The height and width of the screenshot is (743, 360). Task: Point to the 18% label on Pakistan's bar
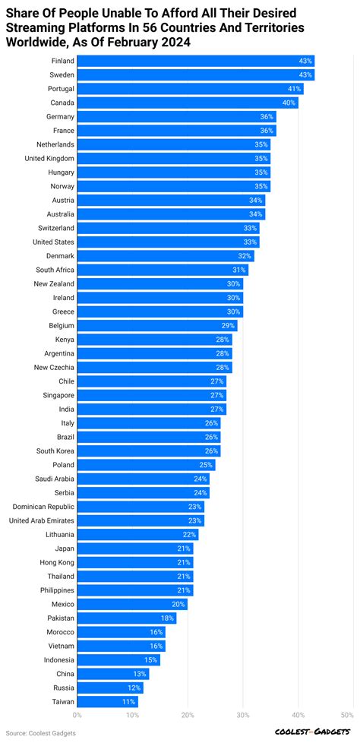(x=168, y=618)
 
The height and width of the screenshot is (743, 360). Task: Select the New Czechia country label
(x=54, y=367)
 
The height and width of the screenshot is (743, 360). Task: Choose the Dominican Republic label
(x=43, y=507)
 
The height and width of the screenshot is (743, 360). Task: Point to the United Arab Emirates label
(x=42, y=520)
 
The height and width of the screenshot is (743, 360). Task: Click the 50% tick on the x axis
(x=348, y=715)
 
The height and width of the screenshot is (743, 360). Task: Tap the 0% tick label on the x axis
(x=77, y=715)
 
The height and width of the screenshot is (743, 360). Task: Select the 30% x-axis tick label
(x=243, y=715)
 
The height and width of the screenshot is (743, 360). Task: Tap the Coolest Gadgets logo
(x=313, y=732)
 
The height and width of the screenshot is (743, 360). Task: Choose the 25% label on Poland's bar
(x=207, y=465)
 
